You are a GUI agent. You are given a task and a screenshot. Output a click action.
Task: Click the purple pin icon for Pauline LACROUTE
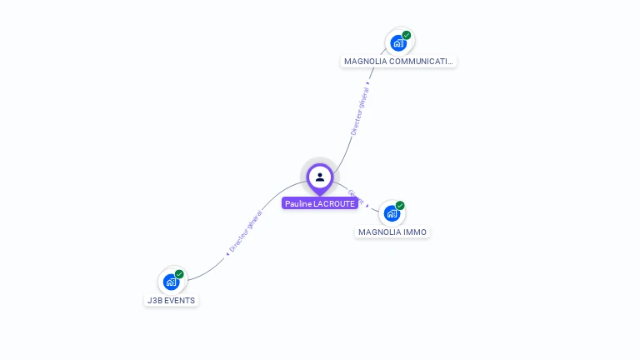tap(320, 177)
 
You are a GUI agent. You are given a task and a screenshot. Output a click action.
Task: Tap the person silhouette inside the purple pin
tap(320, 177)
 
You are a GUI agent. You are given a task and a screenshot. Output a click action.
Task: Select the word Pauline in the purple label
tap(298, 203)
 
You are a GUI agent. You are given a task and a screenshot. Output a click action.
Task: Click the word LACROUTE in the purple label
tap(335, 203)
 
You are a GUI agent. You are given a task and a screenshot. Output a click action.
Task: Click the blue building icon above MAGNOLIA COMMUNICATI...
tap(398, 42)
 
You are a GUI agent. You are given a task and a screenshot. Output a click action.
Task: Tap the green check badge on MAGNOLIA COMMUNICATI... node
tap(407, 36)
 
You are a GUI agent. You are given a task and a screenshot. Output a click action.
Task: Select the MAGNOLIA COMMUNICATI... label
tap(399, 61)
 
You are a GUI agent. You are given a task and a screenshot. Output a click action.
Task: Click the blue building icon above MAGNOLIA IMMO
tap(392, 213)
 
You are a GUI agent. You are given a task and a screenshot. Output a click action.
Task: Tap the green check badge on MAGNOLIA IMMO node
tap(400, 206)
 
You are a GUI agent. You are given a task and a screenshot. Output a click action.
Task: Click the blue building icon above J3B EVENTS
tap(171, 282)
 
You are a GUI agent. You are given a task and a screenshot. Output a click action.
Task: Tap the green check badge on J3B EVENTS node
tap(179, 274)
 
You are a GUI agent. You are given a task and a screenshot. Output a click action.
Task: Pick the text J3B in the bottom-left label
tap(154, 300)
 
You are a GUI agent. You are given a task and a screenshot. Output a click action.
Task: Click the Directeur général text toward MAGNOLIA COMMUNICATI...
tap(359, 114)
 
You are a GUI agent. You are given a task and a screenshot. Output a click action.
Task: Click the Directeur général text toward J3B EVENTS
tap(246, 230)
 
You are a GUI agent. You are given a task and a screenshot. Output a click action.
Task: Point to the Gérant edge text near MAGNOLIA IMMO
tap(354, 197)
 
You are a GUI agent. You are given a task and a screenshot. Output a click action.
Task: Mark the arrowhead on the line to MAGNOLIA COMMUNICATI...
tap(367, 83)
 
